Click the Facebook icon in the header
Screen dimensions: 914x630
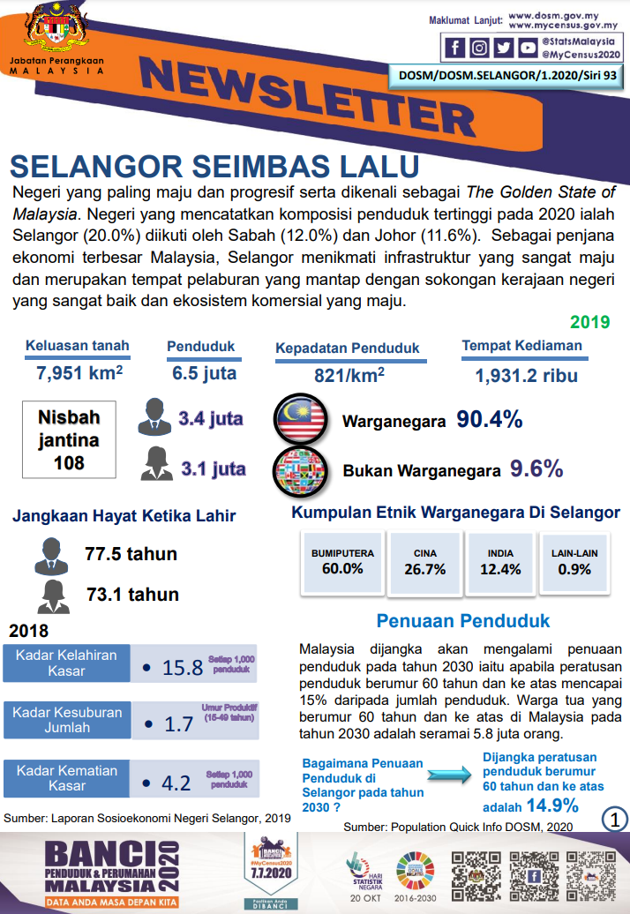(x=455, y=48)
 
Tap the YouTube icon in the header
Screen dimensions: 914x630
(x=527, y=48)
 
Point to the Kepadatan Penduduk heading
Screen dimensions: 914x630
(x=348, y=348)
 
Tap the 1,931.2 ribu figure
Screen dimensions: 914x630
(x=526, y=376)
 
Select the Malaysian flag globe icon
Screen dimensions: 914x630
(x=300, y=419)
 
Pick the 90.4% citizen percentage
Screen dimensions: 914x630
(x=490, y=420)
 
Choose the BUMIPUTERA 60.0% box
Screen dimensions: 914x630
(x=342, y=562)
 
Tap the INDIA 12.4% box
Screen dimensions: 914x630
(x=500, y=562)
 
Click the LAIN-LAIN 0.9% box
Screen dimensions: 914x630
(x=574, y=562)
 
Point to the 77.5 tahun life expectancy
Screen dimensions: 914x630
(x=131, y=554)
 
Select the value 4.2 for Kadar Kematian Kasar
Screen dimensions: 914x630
(x=176, y=783)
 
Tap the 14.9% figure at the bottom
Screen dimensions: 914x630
(x=552, y=805)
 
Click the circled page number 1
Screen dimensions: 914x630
(x=614, y=818)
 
